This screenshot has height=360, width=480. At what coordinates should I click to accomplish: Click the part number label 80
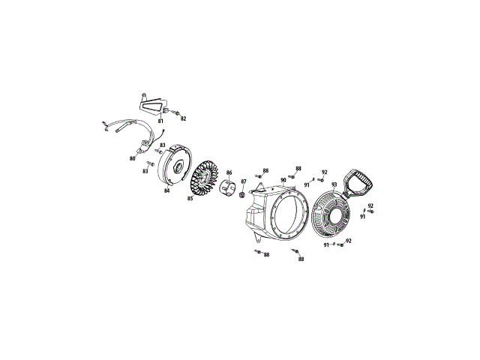[132, 158]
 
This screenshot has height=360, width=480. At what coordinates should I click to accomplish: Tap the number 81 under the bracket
[160, 121]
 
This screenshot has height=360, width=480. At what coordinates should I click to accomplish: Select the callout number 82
[183, 118]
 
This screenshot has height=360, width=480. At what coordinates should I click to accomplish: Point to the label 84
[166, 191]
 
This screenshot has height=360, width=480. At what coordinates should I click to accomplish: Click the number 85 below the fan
[190, 198]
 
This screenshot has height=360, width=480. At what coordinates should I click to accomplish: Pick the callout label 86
[229, 172]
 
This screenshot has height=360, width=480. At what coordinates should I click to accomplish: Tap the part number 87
[243, 181]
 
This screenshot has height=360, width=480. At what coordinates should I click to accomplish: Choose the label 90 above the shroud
[283, 180]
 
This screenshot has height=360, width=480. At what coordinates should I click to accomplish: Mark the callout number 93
[334, 184]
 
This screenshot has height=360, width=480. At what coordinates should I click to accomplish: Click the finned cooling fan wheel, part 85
[204, 181]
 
